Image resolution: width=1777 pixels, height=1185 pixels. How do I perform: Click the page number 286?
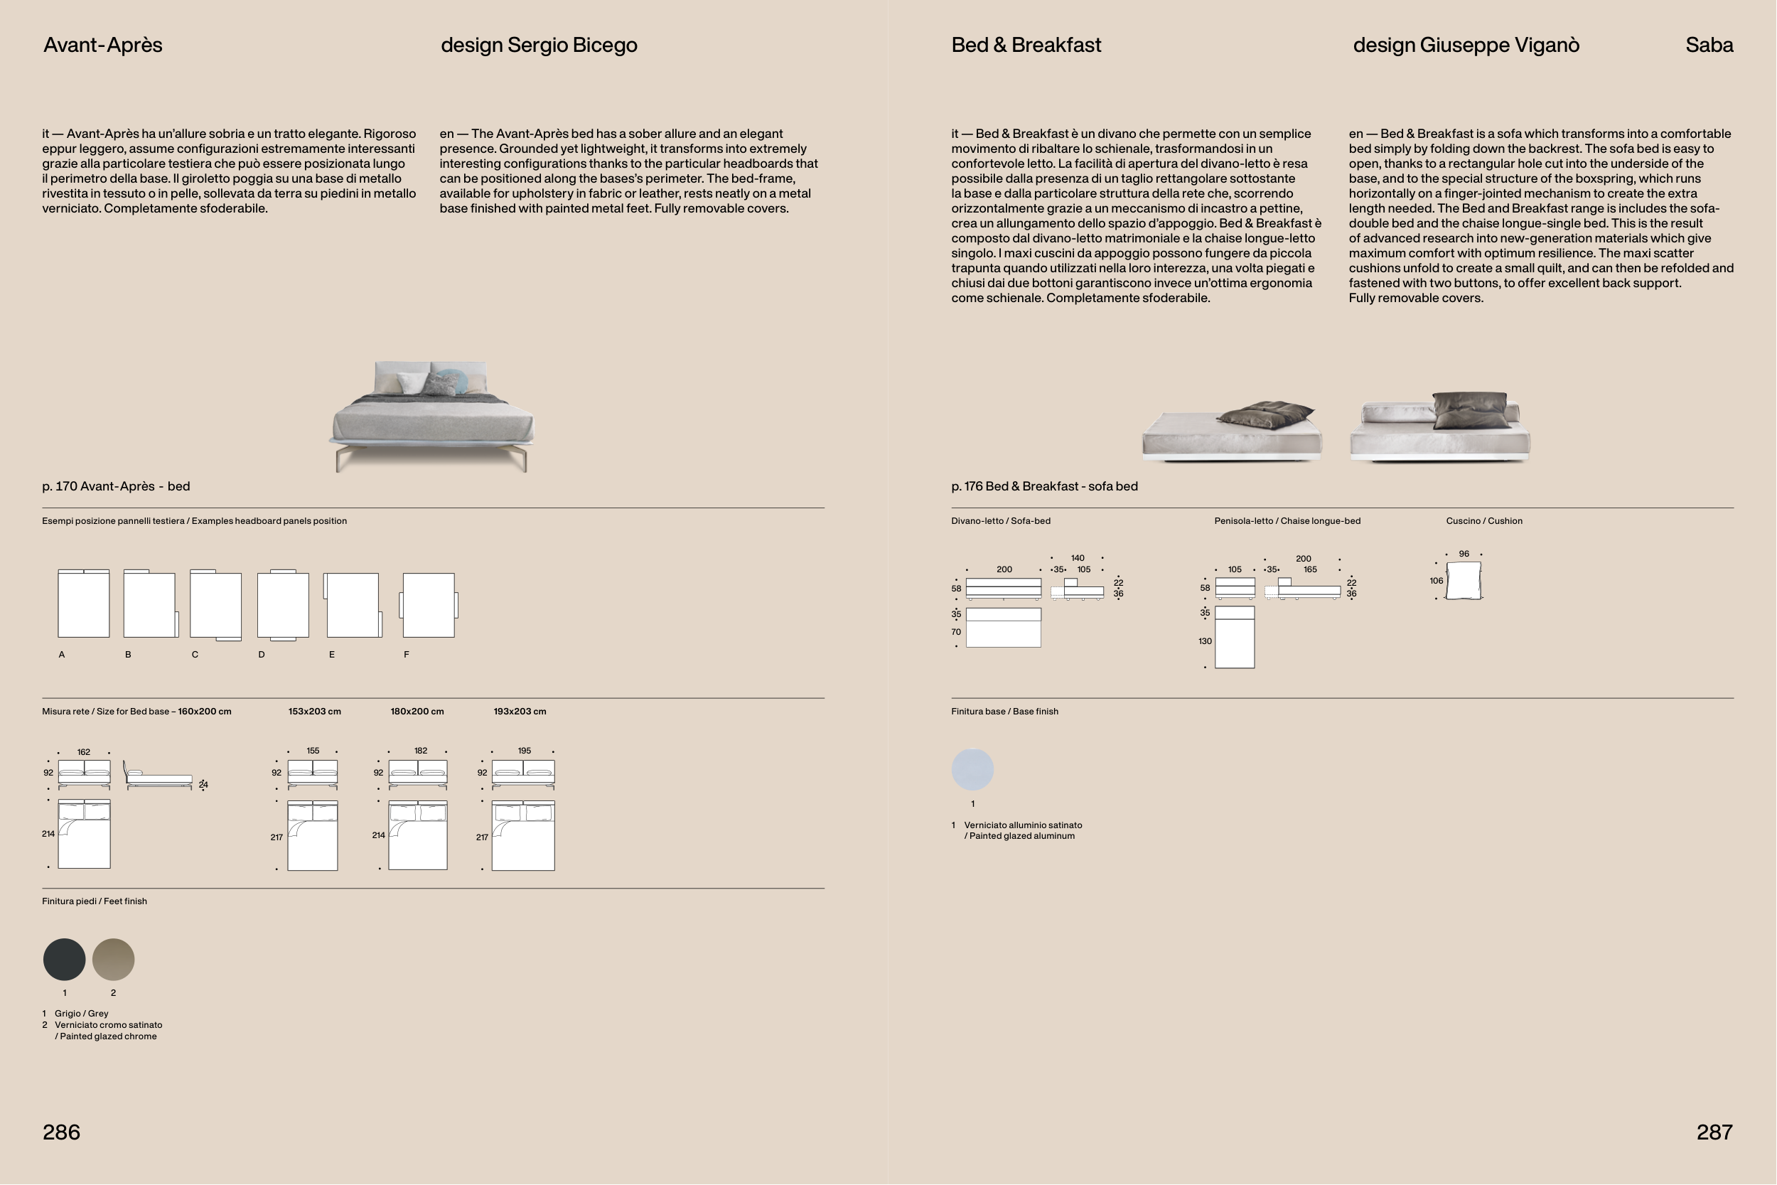pos(61,1132)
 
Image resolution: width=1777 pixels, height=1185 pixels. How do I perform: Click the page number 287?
pos(1714,1132)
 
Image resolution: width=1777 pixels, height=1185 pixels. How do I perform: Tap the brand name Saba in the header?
pos(1709,45)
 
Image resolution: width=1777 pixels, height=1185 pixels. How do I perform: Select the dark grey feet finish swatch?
pos(64,960)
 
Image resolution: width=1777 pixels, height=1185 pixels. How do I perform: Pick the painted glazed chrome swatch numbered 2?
pos(113,960)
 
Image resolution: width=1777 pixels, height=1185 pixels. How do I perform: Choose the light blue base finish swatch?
pos(972,770)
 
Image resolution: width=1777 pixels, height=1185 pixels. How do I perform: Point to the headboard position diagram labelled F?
pos(429,605)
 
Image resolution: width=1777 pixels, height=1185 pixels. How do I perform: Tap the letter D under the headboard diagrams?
pos(262,655)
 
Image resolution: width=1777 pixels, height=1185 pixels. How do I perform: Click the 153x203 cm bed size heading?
pos(314,711)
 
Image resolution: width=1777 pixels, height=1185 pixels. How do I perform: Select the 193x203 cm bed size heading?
pos(520,711)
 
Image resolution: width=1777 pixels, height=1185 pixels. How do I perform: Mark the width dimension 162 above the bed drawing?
pos(84,752)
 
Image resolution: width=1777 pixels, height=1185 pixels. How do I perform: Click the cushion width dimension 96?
pos(1464,554)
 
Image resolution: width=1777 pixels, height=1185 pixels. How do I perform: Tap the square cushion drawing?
pos(1464,580)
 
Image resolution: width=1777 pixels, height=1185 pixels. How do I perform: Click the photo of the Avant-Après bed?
pos(431,416)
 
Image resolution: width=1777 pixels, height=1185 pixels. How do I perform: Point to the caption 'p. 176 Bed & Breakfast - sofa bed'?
pos(1044,486)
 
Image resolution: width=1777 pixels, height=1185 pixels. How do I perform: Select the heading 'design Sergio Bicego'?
pos(539,45)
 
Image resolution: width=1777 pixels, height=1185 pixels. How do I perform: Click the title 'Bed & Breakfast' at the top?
pos(1026,45)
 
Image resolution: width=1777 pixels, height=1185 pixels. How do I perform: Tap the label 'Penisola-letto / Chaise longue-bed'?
pos(1287,521)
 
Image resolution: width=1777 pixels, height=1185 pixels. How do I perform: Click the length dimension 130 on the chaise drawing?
pos(1205,641)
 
